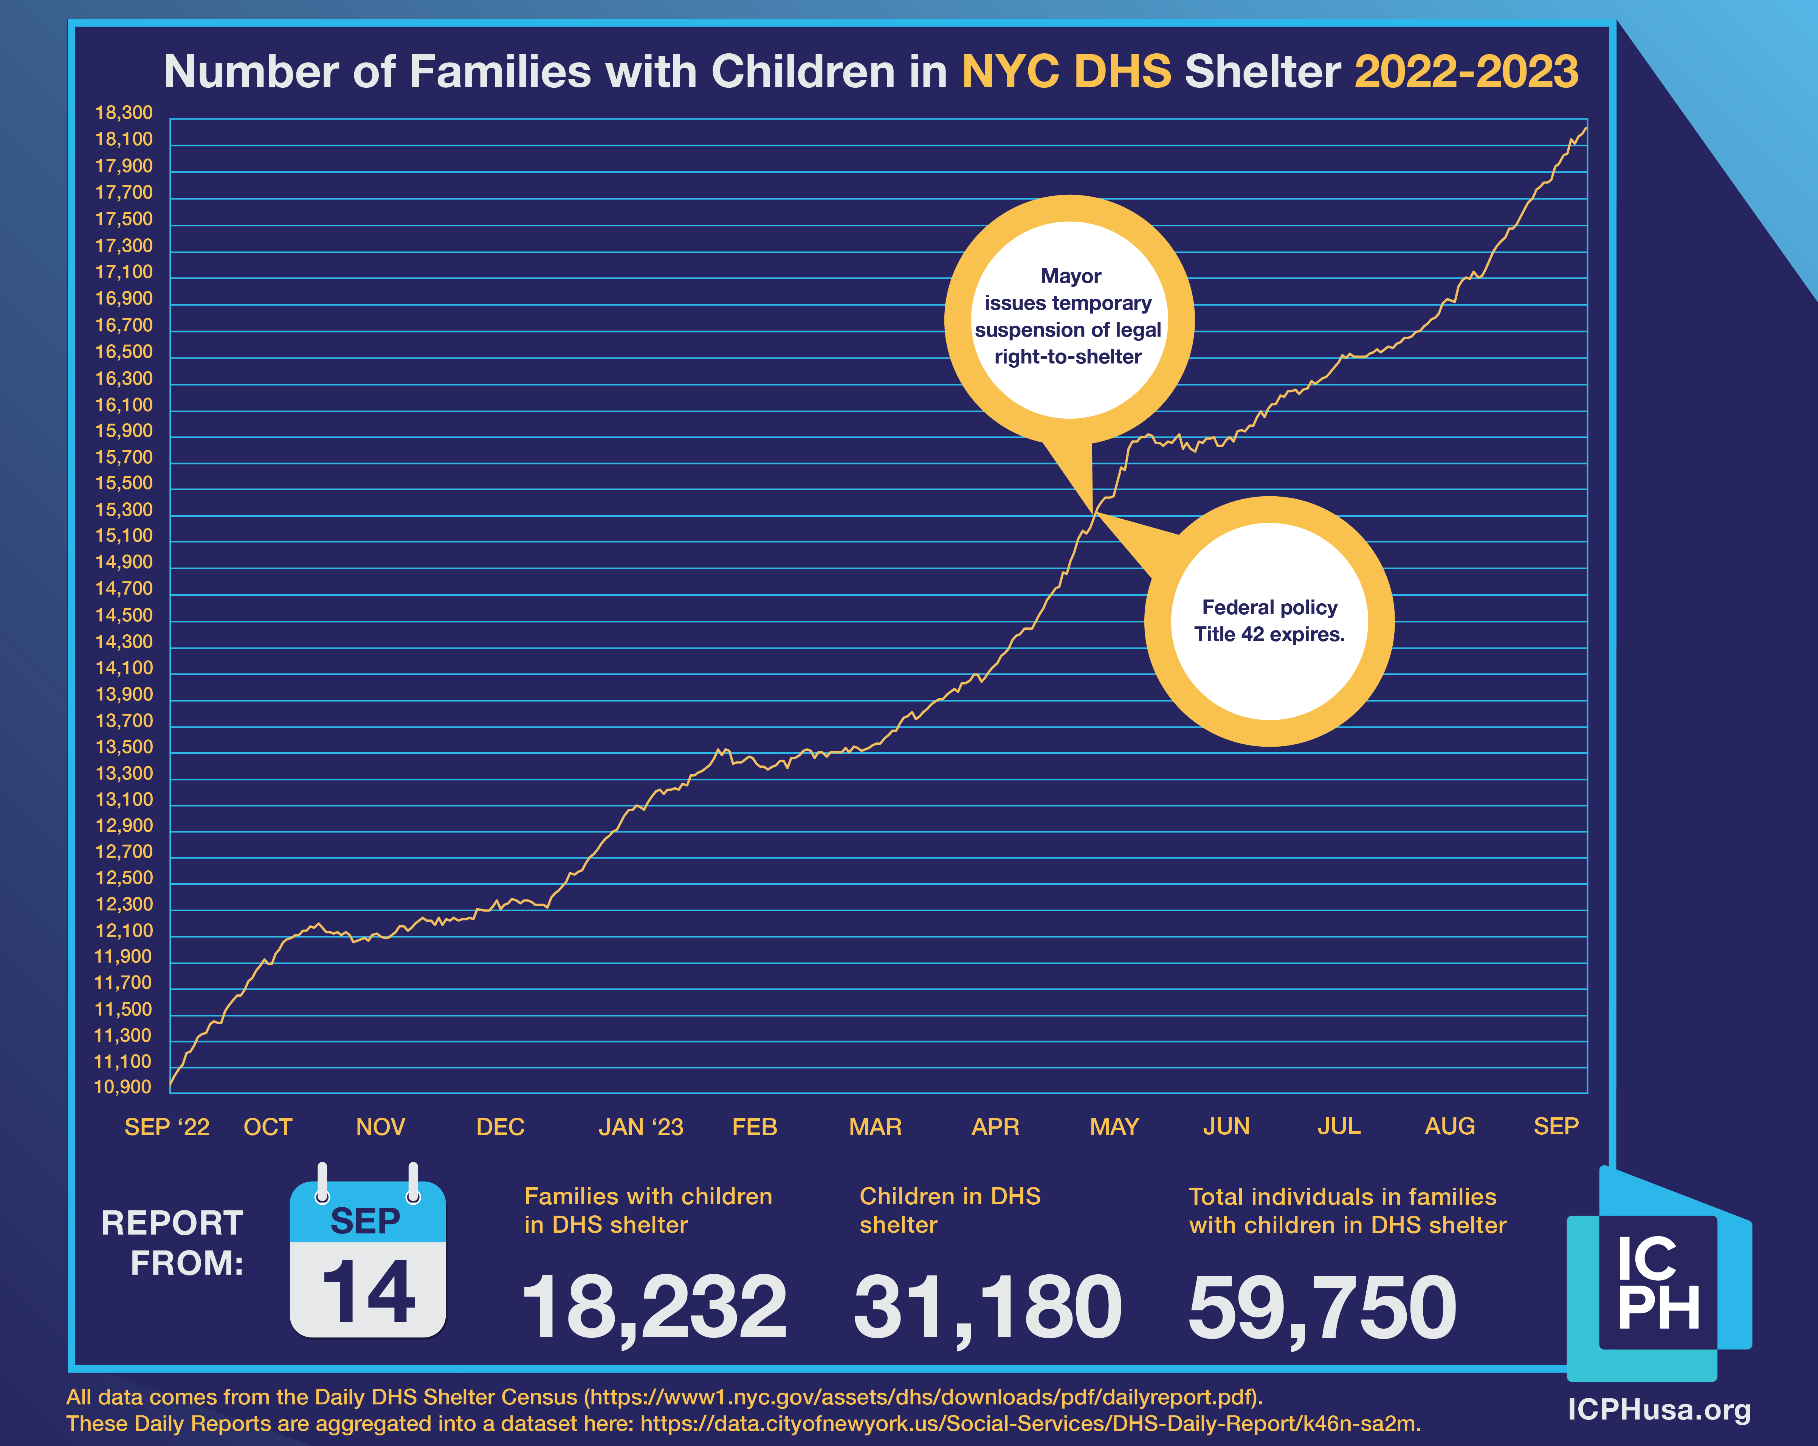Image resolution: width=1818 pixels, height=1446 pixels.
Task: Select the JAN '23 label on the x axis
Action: (641, 1127)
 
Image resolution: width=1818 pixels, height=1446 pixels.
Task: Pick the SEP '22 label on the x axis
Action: (167, 1127)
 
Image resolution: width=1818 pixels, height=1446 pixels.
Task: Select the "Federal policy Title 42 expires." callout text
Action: (1269, 621)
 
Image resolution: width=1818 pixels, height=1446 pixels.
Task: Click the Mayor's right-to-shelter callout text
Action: (1068, 316)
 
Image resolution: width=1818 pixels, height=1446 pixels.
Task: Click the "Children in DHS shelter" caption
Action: (950, 1211)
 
